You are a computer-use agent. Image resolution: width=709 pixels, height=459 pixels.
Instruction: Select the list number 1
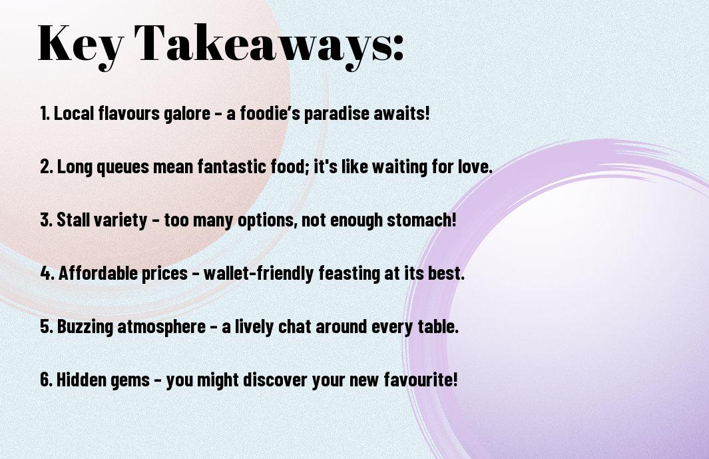tap(45, 113)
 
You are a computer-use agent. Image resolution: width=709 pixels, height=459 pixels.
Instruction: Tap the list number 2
tap(47, 167)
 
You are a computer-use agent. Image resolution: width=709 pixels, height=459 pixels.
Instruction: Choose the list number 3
tap(47, 220)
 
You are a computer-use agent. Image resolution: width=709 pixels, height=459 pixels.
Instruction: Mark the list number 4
tap(47, 273)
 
